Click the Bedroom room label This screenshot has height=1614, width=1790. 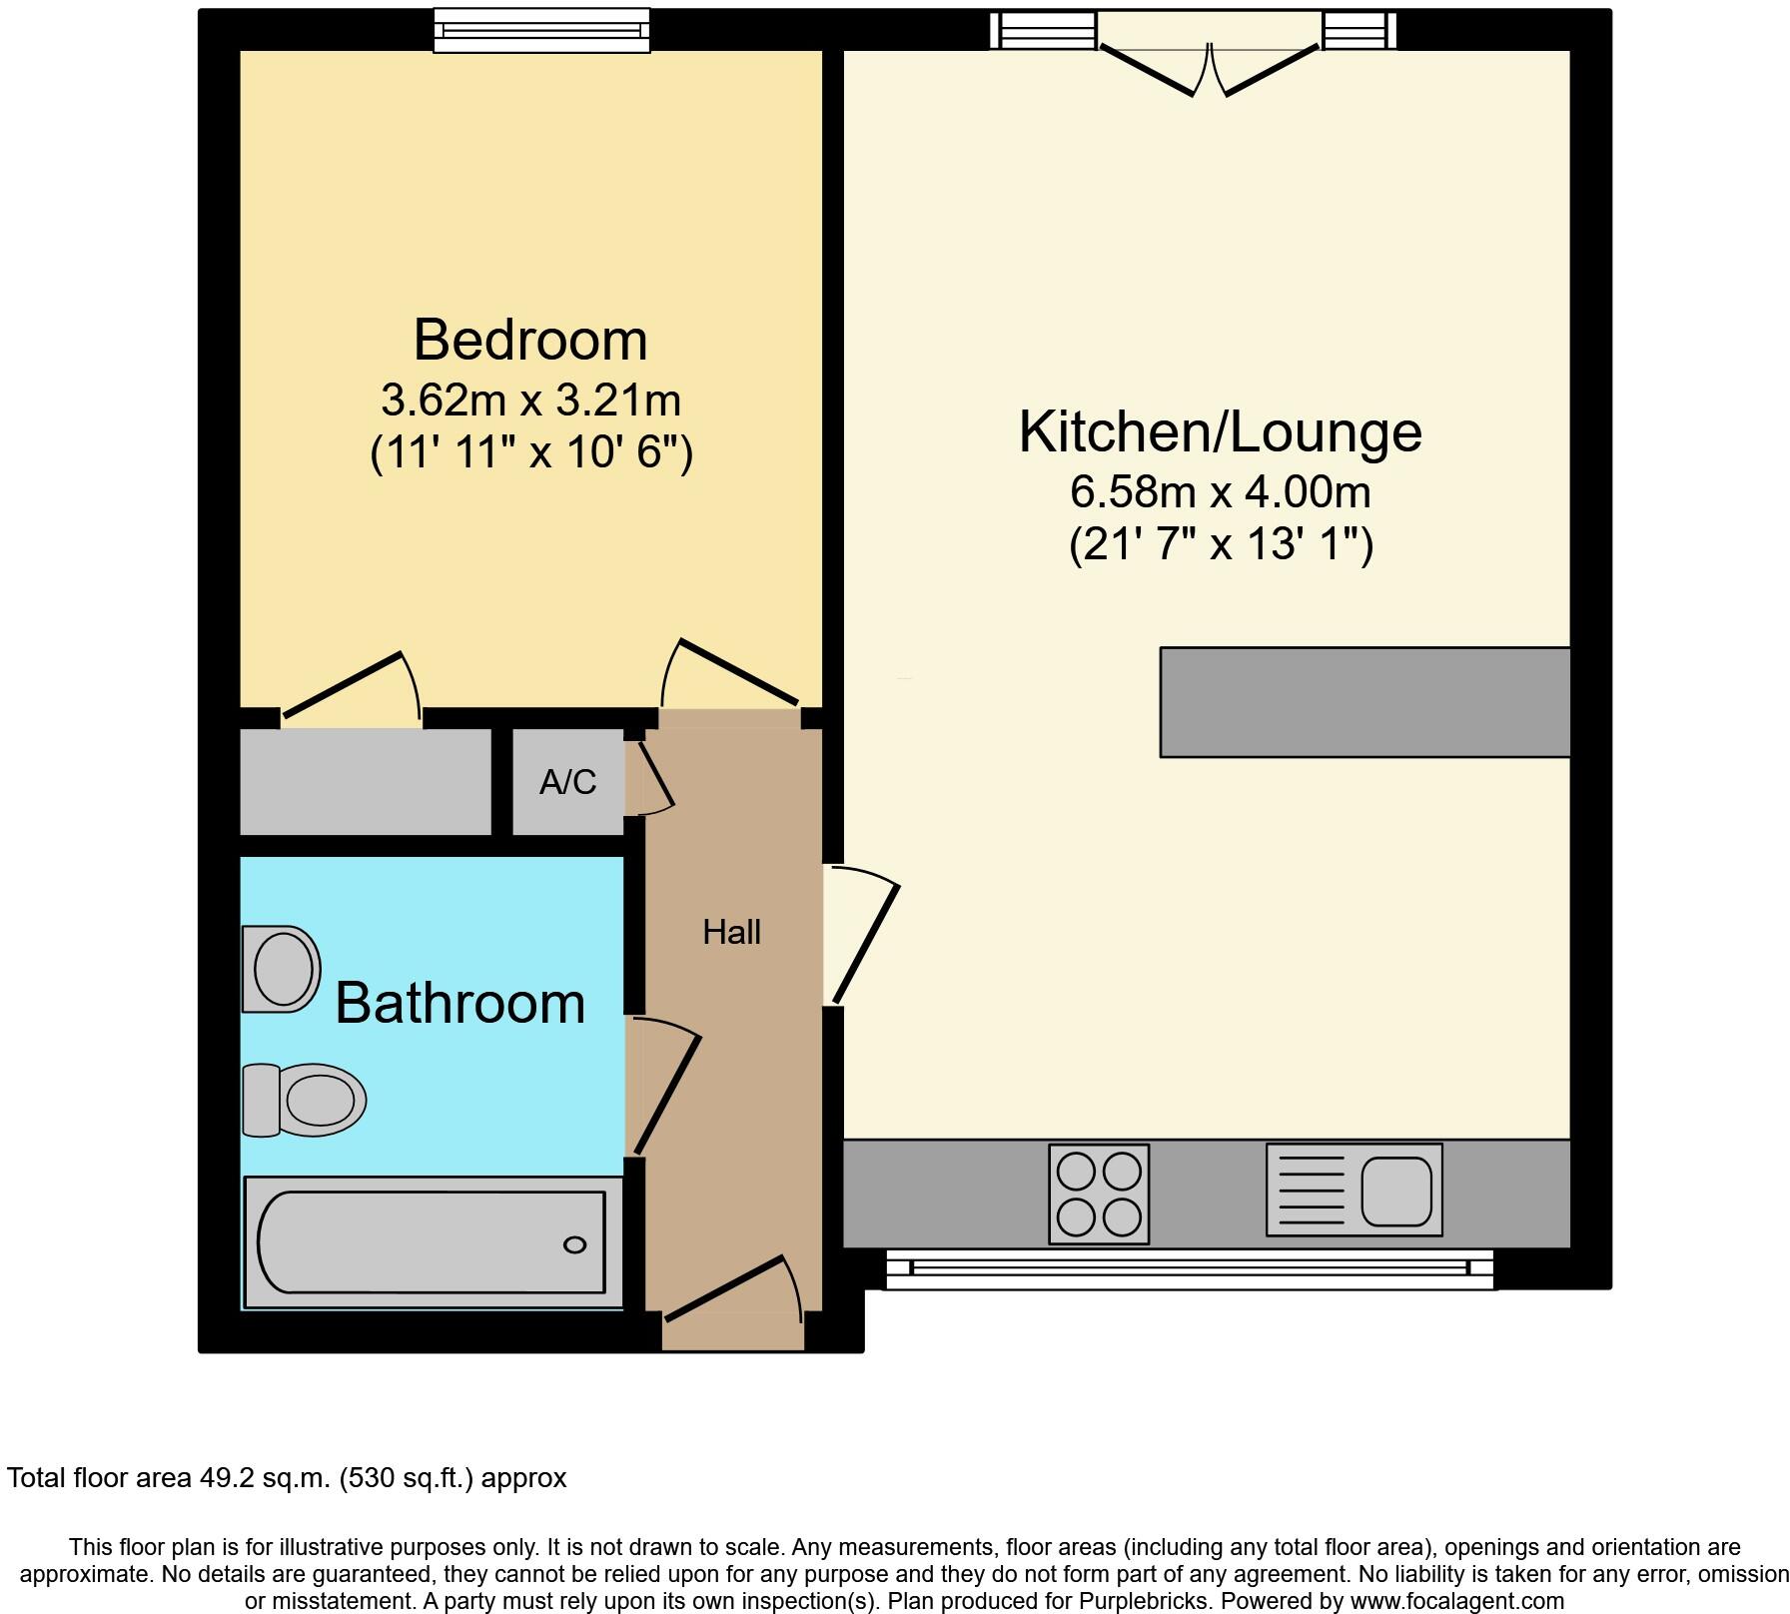pos(530,341)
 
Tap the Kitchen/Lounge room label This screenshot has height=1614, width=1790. pos(1220,431)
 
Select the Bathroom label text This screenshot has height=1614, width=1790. pos(459,1003)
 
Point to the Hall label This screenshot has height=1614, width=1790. pos(731,932)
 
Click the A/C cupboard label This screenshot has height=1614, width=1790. pos(567,782)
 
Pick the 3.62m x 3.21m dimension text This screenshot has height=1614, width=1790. pos(530,401)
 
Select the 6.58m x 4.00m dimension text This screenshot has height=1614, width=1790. pos(1220,491)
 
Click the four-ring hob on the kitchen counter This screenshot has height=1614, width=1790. pos(1099,1194)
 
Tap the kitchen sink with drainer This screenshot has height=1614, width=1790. pos(1353,1191)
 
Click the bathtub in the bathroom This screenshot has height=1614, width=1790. pos(432,1241)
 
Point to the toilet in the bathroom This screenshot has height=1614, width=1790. pos(304,1100)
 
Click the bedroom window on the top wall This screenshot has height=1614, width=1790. pos(541,30)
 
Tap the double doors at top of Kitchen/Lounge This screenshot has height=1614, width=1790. pos(1209,60)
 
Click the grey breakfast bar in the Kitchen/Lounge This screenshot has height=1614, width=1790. pos(1364,702)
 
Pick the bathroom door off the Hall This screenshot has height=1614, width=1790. pos(665,1089)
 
